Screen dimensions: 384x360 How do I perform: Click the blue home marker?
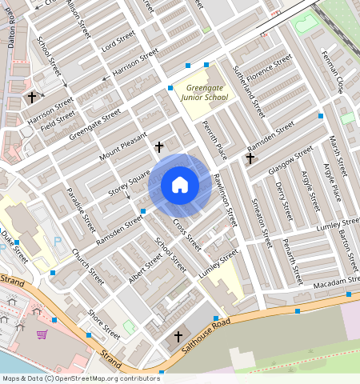180,186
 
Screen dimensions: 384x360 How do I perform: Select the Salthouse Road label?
206,330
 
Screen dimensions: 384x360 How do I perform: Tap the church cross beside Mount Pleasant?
159,147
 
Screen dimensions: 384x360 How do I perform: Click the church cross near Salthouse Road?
178,337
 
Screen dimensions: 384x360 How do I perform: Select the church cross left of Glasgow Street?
250,158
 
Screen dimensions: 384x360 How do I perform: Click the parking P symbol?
57,241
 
